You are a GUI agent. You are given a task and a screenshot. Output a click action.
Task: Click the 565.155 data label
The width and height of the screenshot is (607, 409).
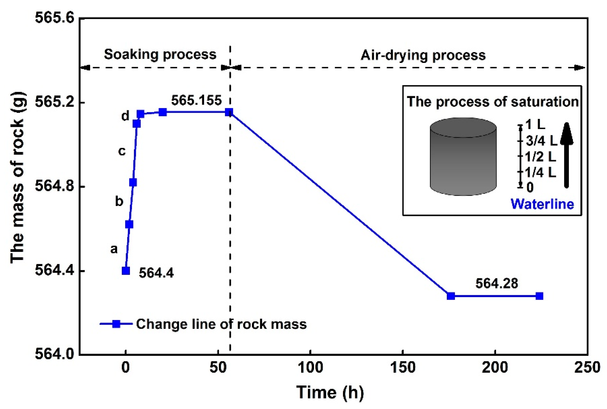[x=196, y=101]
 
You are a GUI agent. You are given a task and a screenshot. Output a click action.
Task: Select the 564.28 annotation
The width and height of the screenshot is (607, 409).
[x=497, y=284]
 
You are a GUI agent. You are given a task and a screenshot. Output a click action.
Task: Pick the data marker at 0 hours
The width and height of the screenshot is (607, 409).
[x=126, y=271]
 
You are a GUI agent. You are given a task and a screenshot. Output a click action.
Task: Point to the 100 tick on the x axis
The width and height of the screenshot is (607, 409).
[x=310, y=368]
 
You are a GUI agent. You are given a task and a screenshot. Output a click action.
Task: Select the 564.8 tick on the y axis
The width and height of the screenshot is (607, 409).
[x=54, y=187]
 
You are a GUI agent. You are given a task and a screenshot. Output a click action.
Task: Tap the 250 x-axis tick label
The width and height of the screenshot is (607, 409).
[x=587, y=368]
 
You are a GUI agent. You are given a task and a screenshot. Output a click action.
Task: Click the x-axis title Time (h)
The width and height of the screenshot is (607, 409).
[x=330, y=392]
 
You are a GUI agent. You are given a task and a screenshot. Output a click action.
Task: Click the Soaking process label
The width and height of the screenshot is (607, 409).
[x=160, y=54]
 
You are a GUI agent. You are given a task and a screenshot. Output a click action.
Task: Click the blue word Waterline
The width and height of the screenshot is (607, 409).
[x=542, y=204]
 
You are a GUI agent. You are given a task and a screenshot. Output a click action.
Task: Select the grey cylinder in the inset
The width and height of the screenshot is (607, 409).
[x=463, y=157]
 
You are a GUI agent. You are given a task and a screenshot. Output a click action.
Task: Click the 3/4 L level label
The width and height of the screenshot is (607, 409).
[x=541, y=141]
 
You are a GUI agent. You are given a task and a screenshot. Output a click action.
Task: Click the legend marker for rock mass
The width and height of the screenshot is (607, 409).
[x=116, y=324]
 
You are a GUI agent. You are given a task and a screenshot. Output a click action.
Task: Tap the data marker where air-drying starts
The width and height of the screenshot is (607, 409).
[x=229, y=113]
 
